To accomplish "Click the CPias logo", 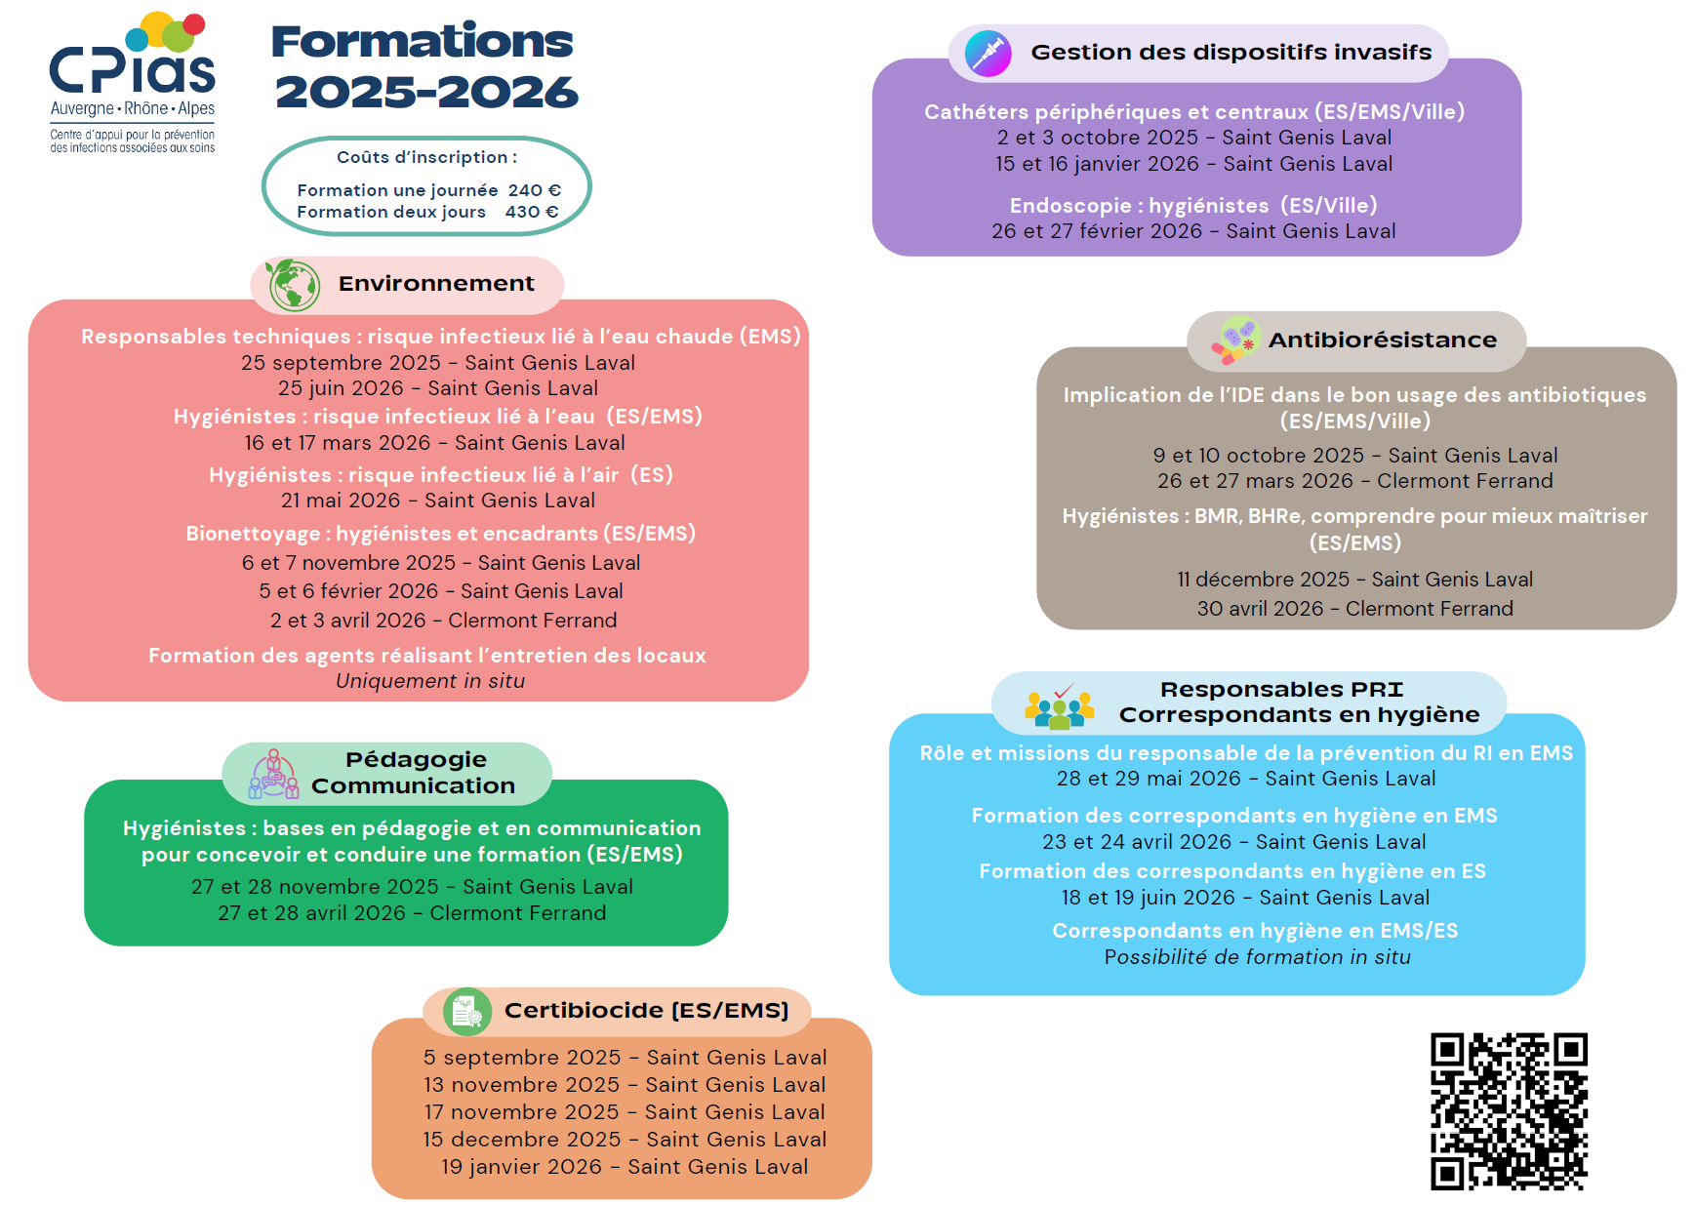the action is [x=133, y=83].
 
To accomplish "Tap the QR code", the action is [x=1509, y=1111].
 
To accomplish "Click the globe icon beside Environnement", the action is [x=293, y=285].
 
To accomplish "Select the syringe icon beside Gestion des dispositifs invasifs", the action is [x=988, y=53].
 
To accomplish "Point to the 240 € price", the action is [x=535, y=190].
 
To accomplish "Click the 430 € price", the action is [x=532, y=212].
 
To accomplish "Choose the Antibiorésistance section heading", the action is [x=1383, y=340].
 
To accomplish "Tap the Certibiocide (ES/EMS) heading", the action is [x=647, y=1010].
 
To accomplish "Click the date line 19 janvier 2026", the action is [x=625, y=1167].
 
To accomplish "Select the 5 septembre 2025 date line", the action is [x=625, y=1058].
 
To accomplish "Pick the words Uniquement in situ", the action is [x=430, y=681].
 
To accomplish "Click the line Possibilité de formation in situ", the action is [x=1257, y=957].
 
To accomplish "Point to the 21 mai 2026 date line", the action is [x=438, y=501].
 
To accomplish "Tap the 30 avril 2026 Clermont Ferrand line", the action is [x=1355, y=609].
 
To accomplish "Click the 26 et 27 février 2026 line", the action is [x=1193, y=231].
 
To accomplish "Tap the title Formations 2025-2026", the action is [x=424, y=66].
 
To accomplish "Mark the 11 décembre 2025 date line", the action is [x=1354, y=580].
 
